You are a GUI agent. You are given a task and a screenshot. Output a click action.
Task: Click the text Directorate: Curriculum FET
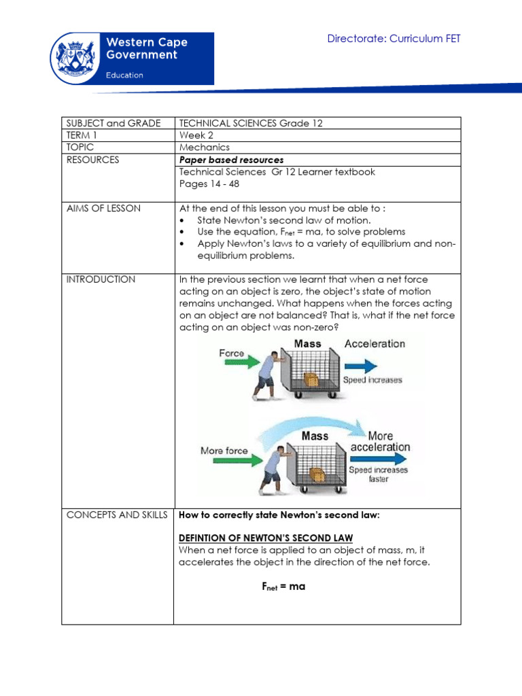coord(394,39)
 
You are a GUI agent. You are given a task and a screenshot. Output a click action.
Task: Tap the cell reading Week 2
coord(196,135)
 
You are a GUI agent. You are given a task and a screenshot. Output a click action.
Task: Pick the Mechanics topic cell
coord(205,147)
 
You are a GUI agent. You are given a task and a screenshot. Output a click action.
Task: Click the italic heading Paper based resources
coord(231,160)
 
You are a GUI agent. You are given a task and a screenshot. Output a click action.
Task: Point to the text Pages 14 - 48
coord(209,184)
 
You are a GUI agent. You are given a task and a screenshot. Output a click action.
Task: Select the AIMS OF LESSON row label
coord(103,209)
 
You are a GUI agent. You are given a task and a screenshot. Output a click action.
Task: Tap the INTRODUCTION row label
coord(101,279)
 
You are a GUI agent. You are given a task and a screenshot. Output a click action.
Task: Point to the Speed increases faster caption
coord(379,474)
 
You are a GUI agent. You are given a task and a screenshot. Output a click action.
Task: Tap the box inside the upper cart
coord(310,379)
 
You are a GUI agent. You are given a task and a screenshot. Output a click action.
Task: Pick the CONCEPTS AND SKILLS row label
coord(116,515)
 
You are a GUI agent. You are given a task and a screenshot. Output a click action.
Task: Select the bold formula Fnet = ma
coord(283,587)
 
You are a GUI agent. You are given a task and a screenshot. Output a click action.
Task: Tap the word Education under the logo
coord(124,75)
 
